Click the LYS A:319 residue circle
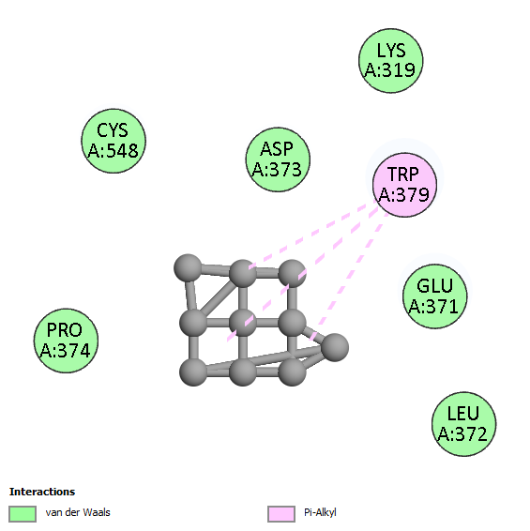(x=391, y=61)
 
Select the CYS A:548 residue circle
(x=114, y=141)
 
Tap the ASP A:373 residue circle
(x=278, y=159)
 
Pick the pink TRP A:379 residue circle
(x=404, y=185)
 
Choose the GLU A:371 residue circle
(x=435, y=296)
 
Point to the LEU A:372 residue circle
(x=464, y=424)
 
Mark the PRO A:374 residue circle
(x=66, y=341)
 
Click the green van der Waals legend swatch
(x=23, y=514)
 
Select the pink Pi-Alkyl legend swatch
(x=281, y=514)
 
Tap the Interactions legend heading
(x=42, y=492)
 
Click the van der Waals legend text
(x=78, y=512)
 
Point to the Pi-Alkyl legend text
(x=320, y=512)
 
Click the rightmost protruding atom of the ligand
(x=335, y=347)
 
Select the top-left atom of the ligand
(x=188, y=268)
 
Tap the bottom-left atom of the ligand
(x=193, y=372)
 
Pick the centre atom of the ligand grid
(x=242, y=323)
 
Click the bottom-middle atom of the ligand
(x=242, y=372)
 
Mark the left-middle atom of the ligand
(x=193, y=323)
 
